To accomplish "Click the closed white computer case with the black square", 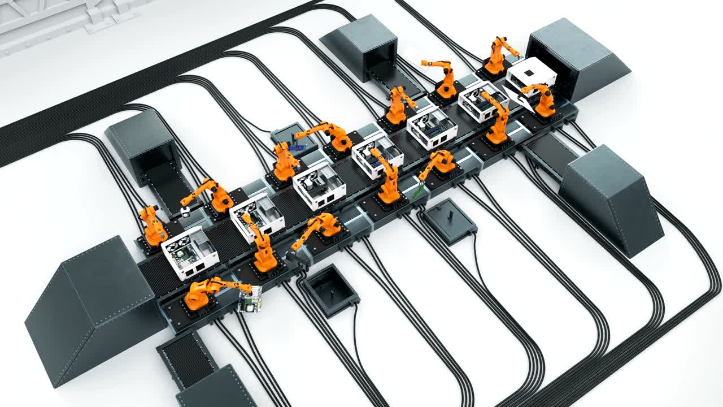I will [530, 76].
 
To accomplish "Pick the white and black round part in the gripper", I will [186, 212].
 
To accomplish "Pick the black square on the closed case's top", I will [529, 73].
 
